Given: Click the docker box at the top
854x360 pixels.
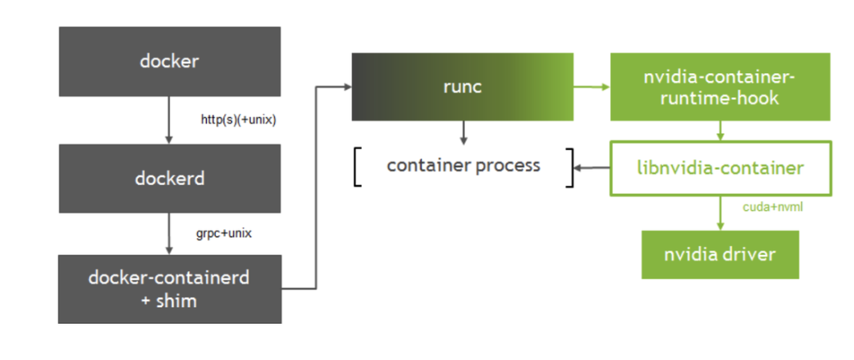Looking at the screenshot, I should (169, 61).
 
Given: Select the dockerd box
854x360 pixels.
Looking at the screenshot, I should (169, 178).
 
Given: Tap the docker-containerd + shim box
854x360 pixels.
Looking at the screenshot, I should (169, 289).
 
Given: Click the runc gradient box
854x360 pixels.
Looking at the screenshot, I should (462, 87).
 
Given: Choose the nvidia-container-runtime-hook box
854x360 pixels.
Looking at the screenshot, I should (719, 87).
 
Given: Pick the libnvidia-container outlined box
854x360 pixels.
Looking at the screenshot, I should (720, 168).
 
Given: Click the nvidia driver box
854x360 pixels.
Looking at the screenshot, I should (719, 254).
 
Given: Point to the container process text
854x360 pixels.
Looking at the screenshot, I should (463, 166).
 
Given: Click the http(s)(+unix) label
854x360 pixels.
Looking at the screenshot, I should (238, 120).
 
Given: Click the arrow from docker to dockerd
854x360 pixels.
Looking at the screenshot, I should (169, 119).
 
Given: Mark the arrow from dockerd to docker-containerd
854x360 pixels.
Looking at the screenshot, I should (169, 233).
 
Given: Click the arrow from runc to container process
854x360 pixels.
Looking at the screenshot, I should (463, 133).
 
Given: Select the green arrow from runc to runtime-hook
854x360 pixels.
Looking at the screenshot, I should (591, 87).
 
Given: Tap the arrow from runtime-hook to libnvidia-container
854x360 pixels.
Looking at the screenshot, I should (720, 130).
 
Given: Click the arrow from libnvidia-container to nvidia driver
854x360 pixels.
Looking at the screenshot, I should (720, 212).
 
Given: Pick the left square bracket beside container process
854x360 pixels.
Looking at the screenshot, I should (356, 167).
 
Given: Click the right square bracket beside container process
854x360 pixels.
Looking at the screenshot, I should (570, 167).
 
